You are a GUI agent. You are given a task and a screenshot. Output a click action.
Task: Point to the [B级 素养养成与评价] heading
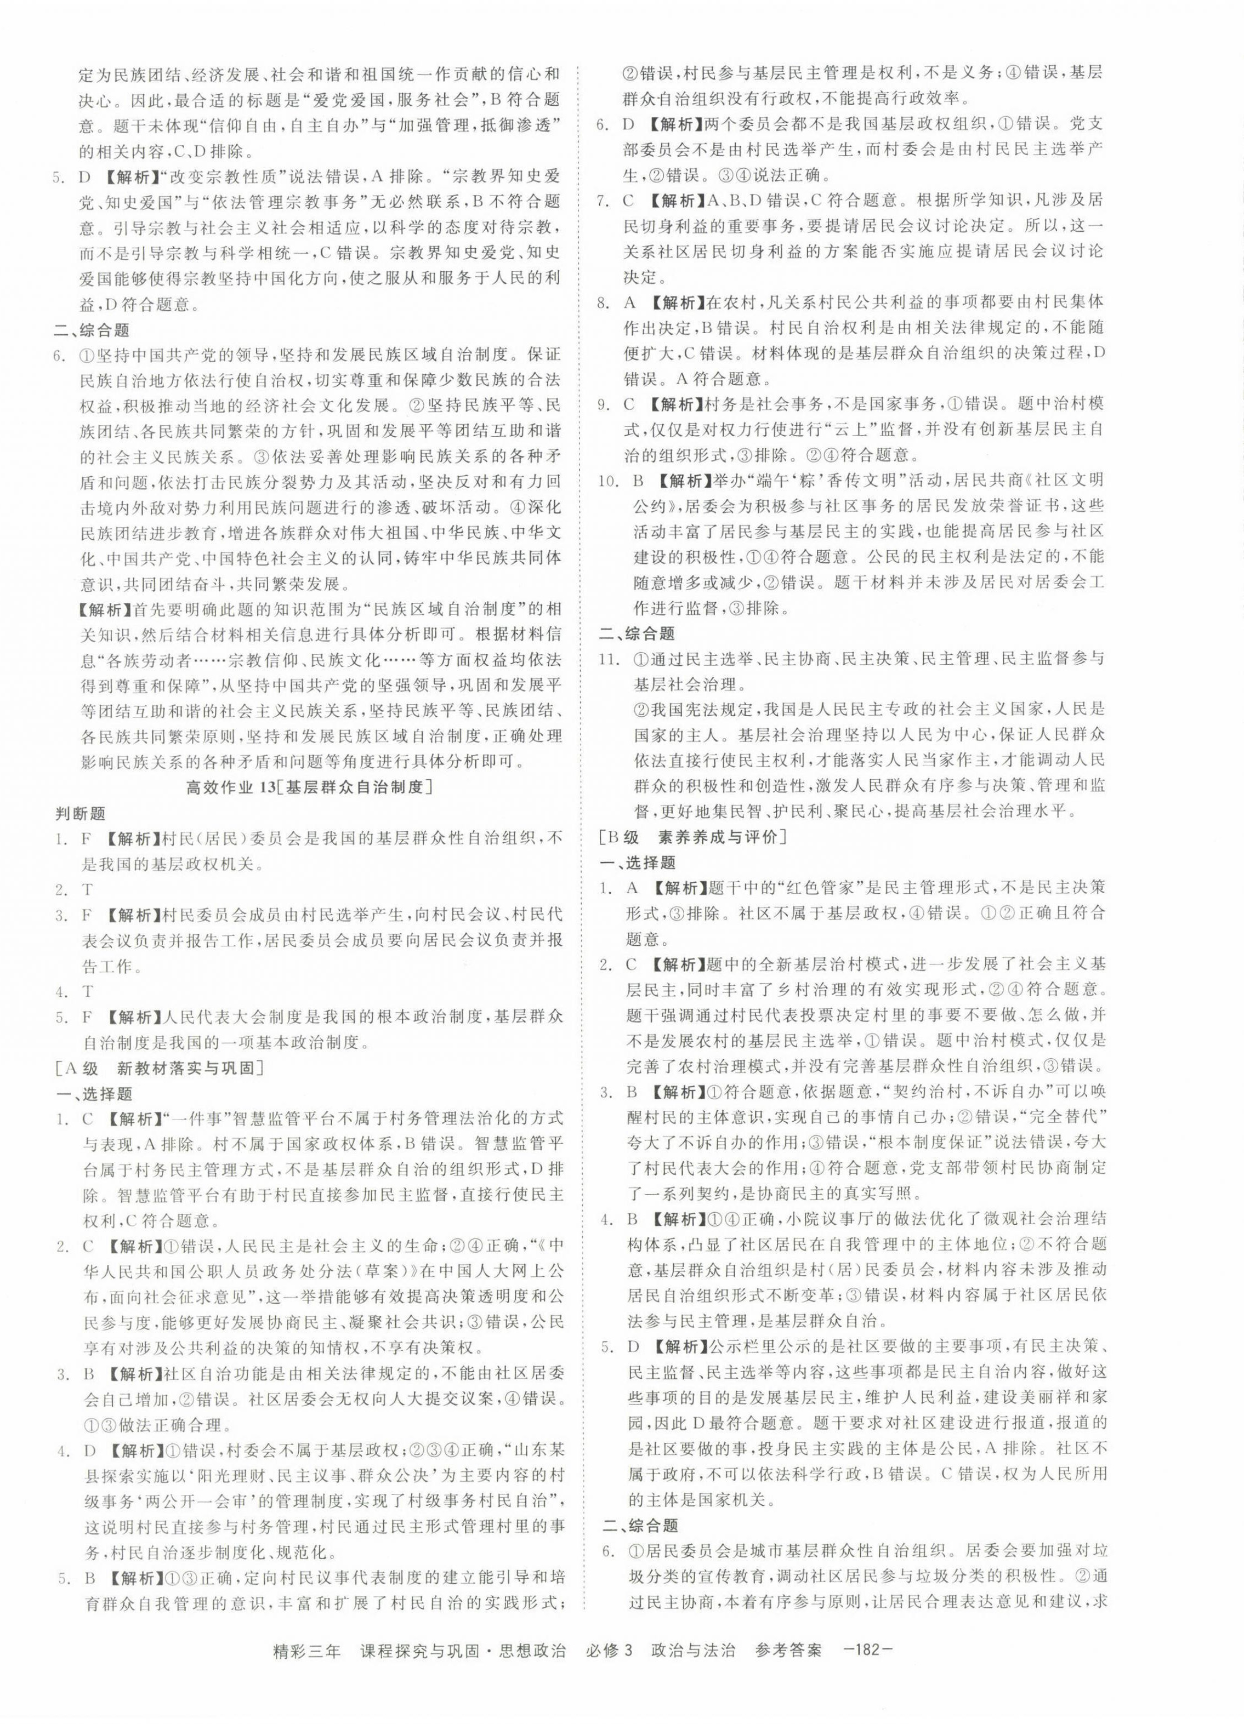pos(692,837)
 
